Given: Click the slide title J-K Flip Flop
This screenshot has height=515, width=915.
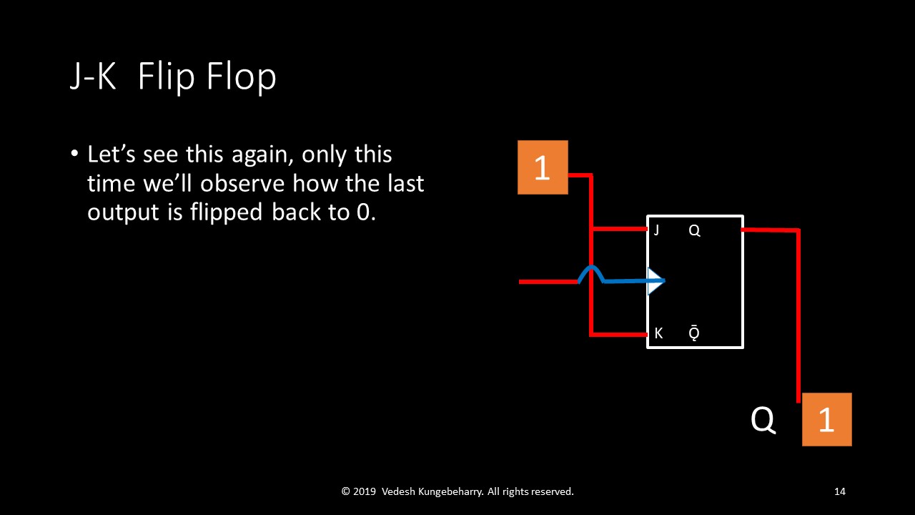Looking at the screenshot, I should pos(172,77).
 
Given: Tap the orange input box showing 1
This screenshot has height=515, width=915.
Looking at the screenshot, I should pos(543,167).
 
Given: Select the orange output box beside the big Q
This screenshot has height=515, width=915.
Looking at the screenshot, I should pos(826,419).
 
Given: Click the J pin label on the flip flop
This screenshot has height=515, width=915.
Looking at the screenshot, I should pos(656,230).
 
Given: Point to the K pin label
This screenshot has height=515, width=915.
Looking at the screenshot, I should pos(658,333).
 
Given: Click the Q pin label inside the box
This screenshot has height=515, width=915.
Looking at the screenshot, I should pos(693,230).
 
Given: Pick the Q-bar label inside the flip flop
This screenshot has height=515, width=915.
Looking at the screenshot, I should pos(694,333).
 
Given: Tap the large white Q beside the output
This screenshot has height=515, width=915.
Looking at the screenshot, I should pos(763,420).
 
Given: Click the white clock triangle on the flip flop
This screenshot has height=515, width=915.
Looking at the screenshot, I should pos(655,281).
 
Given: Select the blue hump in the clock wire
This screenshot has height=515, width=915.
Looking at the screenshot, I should pos(590,272).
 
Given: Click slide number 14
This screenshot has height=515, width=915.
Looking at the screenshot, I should pos(839,491).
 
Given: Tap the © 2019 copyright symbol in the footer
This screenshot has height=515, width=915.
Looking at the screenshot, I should pos(346,491).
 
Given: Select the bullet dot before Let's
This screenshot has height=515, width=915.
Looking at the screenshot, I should pos(74,154).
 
